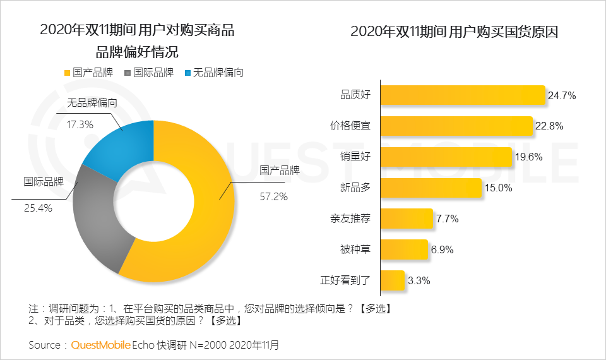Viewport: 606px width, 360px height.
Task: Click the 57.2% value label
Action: pos(274,196)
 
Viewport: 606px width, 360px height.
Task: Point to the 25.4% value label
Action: pos(39,207)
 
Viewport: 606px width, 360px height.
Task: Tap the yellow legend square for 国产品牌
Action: pos(68,73)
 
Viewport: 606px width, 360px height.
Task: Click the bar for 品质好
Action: pos(463,95)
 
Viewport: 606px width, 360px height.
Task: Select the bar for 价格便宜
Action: pos(457,126)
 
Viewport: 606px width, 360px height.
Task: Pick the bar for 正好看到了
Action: pos(393,280)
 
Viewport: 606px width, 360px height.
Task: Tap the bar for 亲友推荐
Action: pos(407,219)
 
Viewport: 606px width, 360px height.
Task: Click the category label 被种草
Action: pos(355,249)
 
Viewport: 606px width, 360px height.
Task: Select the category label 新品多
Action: pos(355,188)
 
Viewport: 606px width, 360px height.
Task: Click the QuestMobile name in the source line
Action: pos(100,345)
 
